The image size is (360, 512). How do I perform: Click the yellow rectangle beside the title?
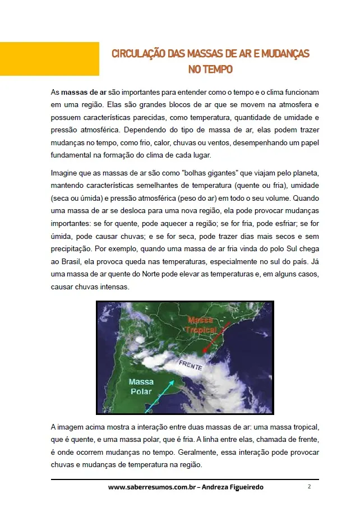point(49,59)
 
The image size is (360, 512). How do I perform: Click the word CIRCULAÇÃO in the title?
point(138,54)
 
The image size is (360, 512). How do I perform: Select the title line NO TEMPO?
point(210,70)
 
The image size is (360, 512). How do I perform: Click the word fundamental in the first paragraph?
point(72,155)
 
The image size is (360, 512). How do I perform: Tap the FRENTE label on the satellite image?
point(192,365)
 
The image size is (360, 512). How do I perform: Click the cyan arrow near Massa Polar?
point(167,393)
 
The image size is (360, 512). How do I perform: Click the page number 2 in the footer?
point(309,487)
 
